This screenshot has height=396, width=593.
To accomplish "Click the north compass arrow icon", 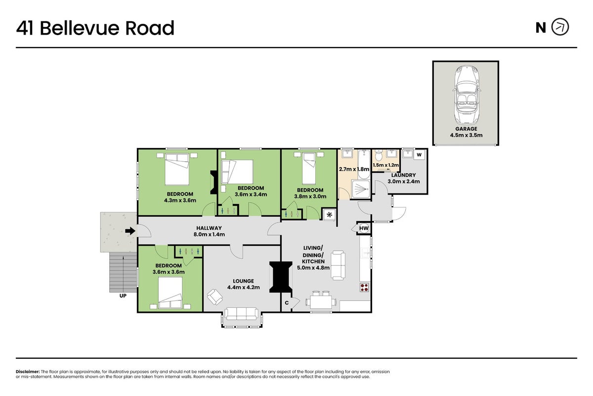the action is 560,27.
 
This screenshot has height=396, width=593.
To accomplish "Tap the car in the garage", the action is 466,95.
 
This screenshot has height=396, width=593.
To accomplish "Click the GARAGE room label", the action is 466,129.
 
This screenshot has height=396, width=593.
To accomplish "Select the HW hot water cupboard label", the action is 364,228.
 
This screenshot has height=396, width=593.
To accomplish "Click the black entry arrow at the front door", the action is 130,231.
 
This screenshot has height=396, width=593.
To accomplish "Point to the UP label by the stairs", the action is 123,296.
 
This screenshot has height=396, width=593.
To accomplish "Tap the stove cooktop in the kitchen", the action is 364,288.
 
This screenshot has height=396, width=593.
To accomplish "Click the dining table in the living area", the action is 321,302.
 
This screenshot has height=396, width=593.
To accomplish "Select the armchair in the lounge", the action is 214,297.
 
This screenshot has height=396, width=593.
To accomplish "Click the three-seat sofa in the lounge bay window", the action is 241,314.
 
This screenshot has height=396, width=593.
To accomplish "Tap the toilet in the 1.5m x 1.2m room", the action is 379,155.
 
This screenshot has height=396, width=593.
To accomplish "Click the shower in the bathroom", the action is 361,189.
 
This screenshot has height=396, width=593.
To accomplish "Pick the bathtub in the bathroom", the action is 364,164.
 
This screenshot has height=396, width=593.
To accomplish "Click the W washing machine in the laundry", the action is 419,154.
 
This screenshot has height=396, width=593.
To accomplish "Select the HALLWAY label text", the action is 209,228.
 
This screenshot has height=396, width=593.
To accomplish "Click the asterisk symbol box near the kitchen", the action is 329,215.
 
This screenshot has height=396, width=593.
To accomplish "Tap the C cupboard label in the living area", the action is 287,302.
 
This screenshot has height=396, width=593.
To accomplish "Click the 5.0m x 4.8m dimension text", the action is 313,268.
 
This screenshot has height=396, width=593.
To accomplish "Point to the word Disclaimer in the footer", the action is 28,372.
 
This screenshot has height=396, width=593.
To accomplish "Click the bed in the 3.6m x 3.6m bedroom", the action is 170,293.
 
